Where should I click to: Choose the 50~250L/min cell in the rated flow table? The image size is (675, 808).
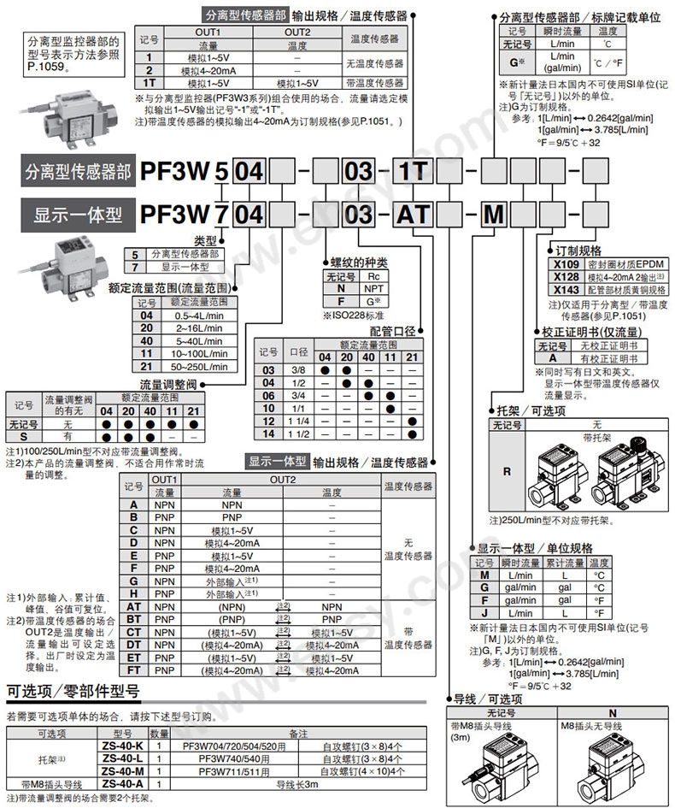[x=199, y=367]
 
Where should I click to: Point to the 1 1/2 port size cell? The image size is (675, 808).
[x=299, y=433]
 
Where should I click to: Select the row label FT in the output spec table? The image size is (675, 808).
[x=134, y=671]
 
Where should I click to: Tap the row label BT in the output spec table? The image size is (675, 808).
[x=134, y=618]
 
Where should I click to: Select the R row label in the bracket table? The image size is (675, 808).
[x=507, y=470]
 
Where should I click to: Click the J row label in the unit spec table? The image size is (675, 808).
[x=484, y=613]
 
